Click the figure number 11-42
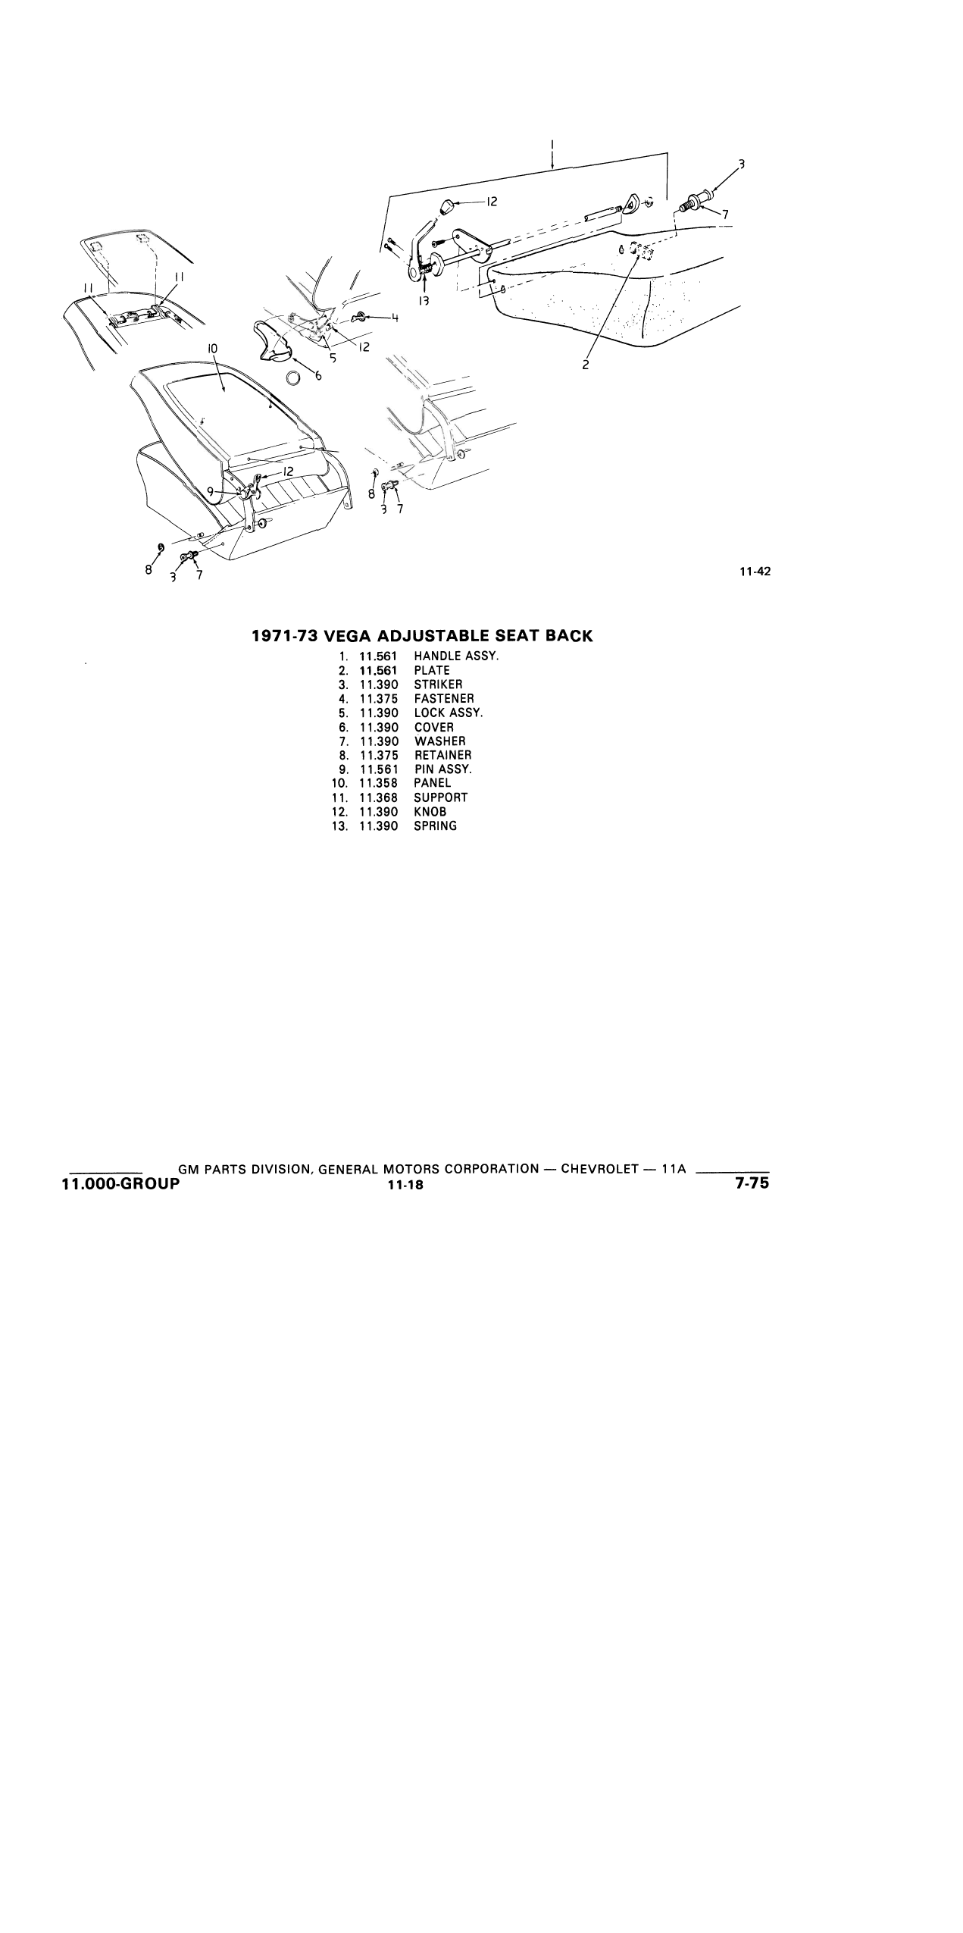755,572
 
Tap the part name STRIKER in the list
438,685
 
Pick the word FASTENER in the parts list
444,699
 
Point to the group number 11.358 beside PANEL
379,783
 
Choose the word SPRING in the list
435,826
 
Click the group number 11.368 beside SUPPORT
379,797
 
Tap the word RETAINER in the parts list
442,755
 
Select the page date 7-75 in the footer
752,1182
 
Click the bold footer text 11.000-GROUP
120,1183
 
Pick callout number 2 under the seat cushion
586,365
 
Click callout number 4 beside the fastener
394,318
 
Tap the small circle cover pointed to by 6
294,378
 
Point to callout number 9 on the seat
211,490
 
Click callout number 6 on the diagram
318,374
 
